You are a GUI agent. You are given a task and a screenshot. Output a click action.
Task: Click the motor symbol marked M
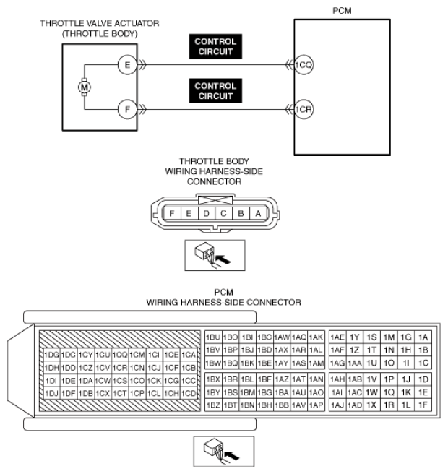[84, 87]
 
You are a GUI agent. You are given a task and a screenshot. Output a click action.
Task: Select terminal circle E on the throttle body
[127, 65]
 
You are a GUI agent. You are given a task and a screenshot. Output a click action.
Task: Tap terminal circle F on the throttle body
[127, 111]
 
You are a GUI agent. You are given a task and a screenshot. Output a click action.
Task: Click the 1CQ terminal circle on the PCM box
[303, 65]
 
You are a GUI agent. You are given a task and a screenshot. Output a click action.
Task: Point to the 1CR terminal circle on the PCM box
[303, 111]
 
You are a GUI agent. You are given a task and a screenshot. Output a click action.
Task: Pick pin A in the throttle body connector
[257, 213]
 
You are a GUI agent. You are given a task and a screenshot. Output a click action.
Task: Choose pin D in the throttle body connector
[205, 213]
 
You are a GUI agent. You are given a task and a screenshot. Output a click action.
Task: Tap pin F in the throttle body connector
[171, 213]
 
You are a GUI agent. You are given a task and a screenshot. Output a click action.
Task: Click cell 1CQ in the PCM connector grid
[120, 355]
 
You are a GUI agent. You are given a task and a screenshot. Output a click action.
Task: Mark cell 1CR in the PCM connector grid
[120, 368]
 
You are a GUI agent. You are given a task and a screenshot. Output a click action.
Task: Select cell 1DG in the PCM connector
[51, 355]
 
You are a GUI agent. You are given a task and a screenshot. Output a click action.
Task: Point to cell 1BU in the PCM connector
[212, 337]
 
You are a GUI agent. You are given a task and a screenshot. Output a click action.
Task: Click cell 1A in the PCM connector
[423, 337]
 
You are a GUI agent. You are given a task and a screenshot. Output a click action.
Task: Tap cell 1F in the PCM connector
[423, 405]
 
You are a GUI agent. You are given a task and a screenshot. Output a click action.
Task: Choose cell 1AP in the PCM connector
[316, 405]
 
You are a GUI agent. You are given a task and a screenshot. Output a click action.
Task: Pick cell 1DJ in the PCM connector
[51, 393]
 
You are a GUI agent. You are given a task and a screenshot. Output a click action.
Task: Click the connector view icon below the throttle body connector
[215, 253]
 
